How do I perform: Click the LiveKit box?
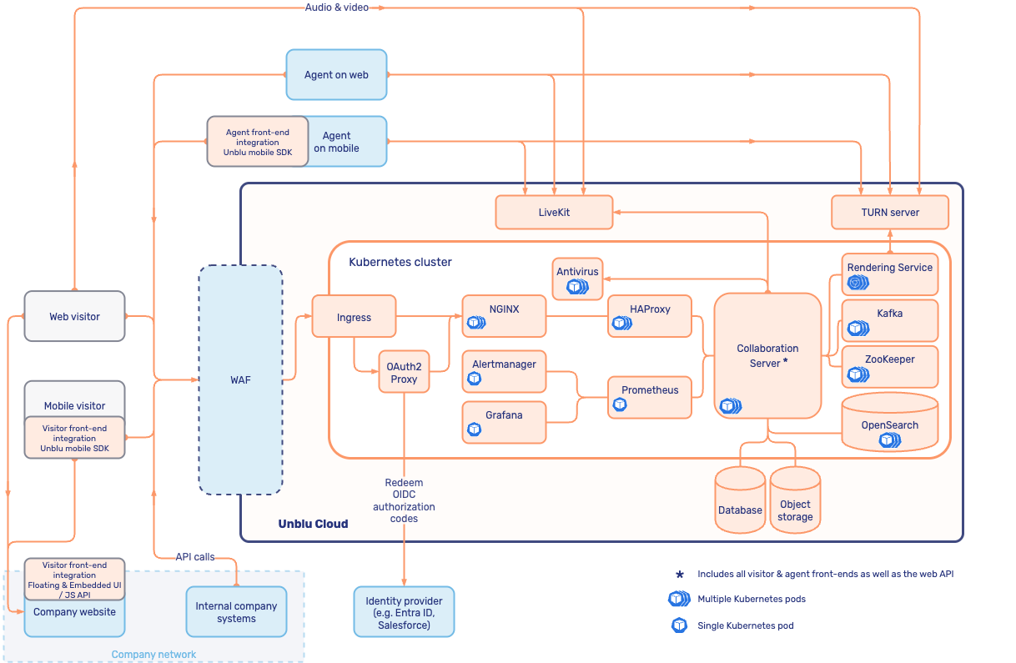554,213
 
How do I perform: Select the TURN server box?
890,213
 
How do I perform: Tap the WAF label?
240,380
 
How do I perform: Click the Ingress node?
354,317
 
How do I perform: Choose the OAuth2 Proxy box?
404,372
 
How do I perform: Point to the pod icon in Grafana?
475,429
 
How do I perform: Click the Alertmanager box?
504,371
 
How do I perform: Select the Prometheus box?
650,397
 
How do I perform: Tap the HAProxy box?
650,316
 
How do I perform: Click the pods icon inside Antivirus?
577,287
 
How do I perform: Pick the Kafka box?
889,320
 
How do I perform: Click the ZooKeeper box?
889,366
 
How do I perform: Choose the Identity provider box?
404,612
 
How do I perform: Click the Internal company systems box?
236,612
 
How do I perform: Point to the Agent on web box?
336,75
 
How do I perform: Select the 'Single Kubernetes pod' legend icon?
679,625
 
